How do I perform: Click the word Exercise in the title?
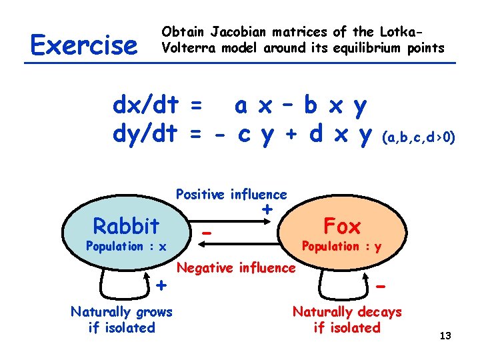click(83, 45)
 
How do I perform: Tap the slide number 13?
click(445, 335)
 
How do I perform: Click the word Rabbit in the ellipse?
click(126, 226)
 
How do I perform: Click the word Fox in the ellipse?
click(341, 226)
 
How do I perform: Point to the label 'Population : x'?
click(125, 247)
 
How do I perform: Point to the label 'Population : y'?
click(341, 246)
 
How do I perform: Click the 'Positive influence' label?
click(231, 195)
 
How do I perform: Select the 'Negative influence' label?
click(236, 268)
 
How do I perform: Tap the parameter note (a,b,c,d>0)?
click(418, 138)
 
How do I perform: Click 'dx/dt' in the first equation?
click(145, 105)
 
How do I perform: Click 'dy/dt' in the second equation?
click(145, 135)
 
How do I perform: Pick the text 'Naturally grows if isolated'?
click(121, 319)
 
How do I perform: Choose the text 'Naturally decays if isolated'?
click(347, 319)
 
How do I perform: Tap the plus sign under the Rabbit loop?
click(161, 285)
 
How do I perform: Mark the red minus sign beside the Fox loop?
click(381, 285)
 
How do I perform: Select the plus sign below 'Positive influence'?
click(267, 209)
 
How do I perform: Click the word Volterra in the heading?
click(188, 47)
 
